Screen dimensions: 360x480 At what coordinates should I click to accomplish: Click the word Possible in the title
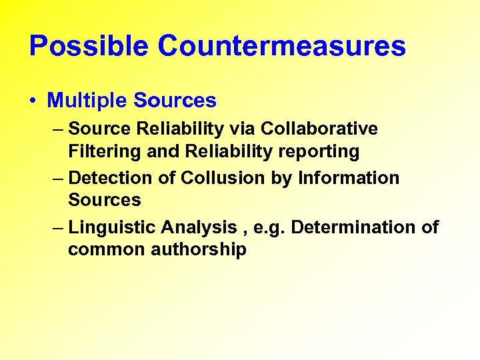pos(89,46)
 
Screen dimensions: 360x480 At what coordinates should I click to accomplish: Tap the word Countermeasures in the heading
pos(282,46)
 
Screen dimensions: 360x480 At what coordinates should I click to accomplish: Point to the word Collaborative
pos(319,128)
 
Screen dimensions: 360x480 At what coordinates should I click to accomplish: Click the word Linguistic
pos(111,227)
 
